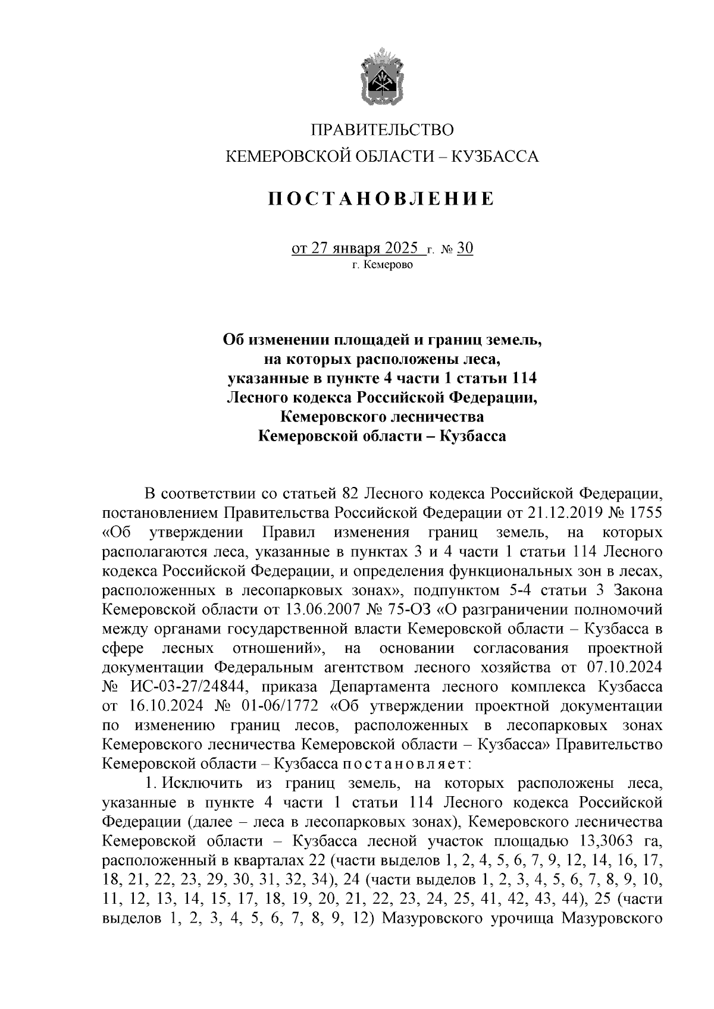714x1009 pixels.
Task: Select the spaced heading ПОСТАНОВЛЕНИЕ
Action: [381, 199]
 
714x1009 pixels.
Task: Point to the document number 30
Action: [465, 248]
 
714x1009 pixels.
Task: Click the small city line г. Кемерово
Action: [381, 265]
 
